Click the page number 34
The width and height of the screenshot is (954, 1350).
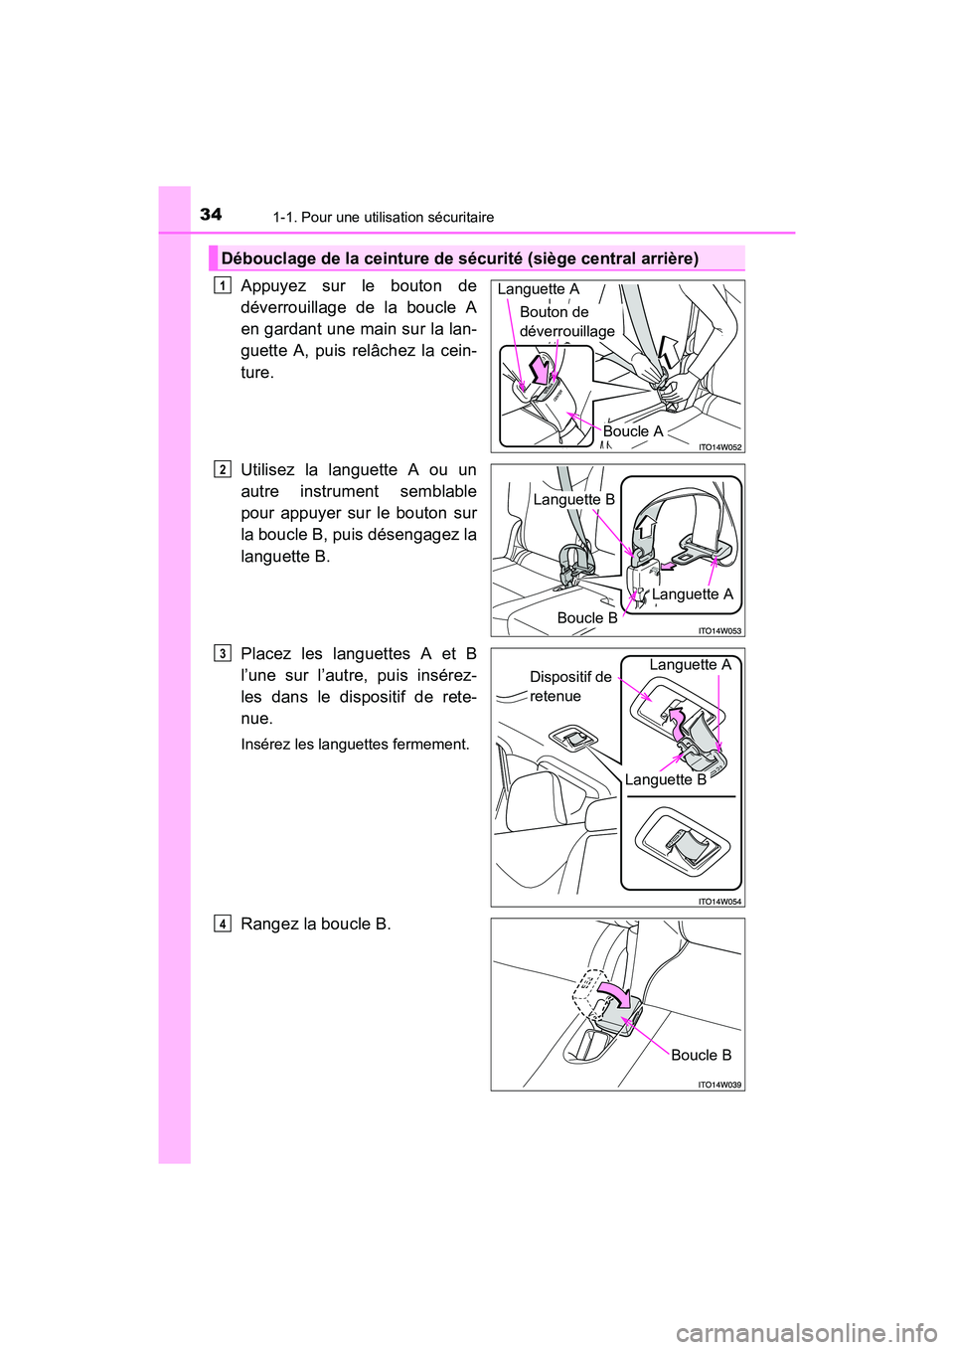click(211, 214)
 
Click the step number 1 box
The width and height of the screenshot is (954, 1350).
click(223, 286)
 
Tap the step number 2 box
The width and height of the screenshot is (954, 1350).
click(223, 470)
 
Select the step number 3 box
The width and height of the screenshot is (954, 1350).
click(223, 653)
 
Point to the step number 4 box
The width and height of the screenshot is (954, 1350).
click(223, 924)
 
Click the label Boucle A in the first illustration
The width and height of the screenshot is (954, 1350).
click(632, 431)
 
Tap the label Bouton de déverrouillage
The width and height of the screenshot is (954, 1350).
click(566, 321)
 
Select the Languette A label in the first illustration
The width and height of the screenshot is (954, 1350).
click(538, 289)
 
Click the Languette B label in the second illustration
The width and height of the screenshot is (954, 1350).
click(573, 499)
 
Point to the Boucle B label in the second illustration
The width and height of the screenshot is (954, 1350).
click(586, 617)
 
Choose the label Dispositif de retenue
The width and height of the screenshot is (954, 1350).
click(569, 686)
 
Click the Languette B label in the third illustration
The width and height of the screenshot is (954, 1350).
click(665, 779)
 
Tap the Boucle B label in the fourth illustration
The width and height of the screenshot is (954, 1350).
click(701, 1055)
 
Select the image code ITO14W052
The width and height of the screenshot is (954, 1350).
click(719, 447)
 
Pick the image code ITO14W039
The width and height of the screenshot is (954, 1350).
click(719, 1085)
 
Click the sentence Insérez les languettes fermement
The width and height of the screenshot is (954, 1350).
click(355, 744)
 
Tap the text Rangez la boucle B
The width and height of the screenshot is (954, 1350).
click(315, 924)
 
